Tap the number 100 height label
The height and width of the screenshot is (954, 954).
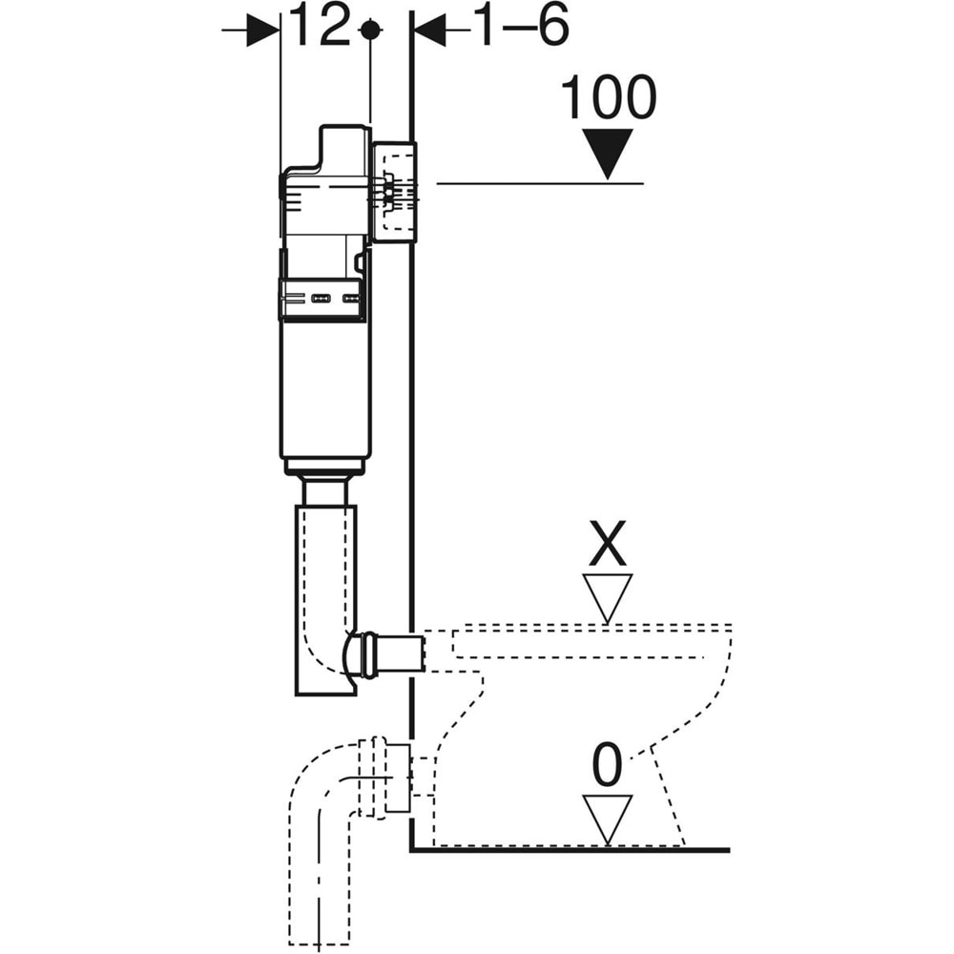[x=609, y=98]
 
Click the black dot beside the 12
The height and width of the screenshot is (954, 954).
[x=369, y=31]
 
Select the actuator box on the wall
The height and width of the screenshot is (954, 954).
[x=394, y=192]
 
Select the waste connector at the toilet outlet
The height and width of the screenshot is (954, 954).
[x=396, y=778]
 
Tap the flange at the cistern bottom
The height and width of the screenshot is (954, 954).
[x=325, y=467]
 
